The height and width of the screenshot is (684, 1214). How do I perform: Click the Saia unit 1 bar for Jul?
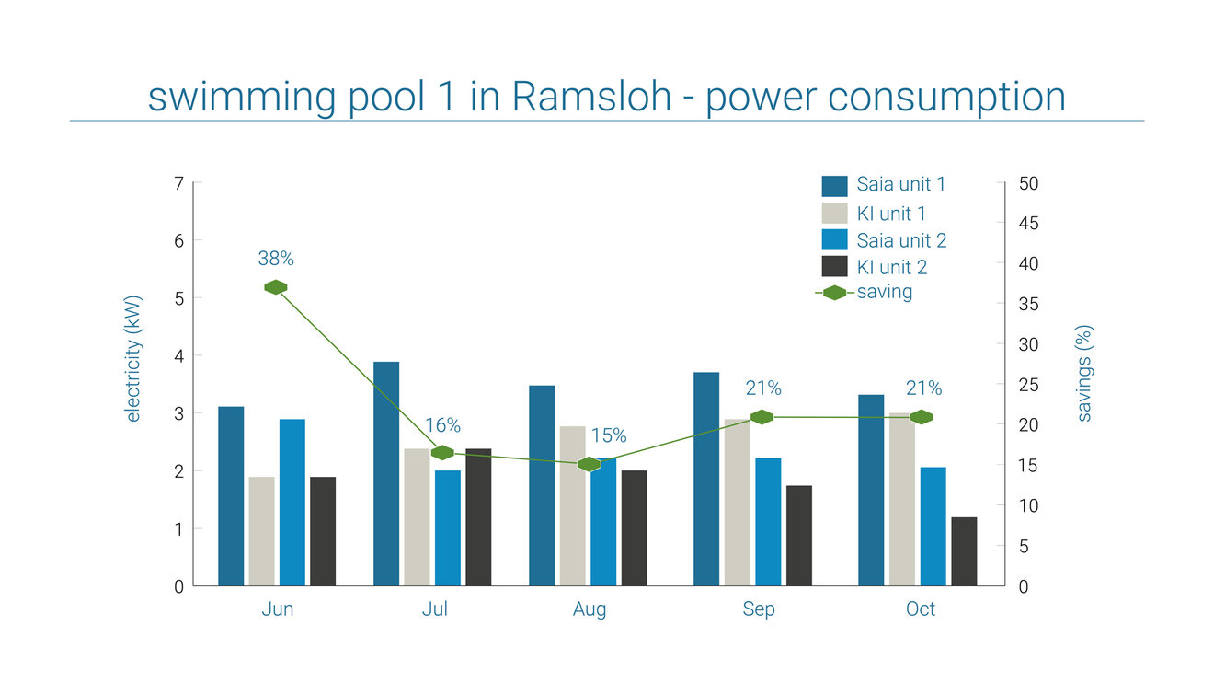pos(386,473)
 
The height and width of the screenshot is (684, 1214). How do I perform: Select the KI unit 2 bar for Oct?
pos(964,551)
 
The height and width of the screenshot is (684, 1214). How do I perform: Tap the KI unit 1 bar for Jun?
pos(261,531)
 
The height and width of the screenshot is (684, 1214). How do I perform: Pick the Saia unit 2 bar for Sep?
pos(768,521)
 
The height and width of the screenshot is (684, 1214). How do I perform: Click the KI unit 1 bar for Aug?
pos(572,505)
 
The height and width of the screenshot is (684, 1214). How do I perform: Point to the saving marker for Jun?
pos(276,287)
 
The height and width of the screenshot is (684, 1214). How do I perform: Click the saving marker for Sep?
pos(762,417)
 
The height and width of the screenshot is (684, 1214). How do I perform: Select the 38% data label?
pos(276,259)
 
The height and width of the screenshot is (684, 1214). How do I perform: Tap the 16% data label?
pos(442,425)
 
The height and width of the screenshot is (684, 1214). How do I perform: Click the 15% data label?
pos(608,435)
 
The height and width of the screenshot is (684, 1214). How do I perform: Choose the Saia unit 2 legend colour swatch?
pos(834,240)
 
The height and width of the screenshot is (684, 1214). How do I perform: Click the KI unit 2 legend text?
pos(891,267)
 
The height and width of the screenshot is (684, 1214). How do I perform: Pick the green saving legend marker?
pos(834,293)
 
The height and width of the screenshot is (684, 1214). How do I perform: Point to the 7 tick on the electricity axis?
pos(178,183)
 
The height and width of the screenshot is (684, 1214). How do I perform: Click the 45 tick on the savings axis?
pos(1029,224)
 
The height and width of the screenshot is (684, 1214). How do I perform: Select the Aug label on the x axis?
pos(590,609)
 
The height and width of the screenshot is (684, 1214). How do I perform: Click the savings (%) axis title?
pos(1084,373)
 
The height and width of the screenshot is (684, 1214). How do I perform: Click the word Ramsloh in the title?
pos(591,97)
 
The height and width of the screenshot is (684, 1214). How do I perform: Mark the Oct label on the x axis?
pos(921,609)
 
